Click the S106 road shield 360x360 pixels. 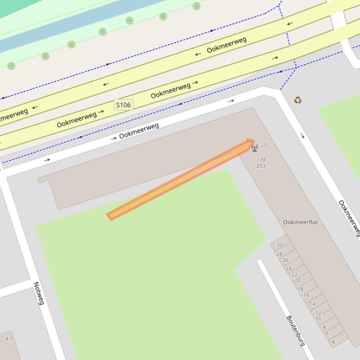click(x=123, y=105)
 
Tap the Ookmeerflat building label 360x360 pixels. click(x=300, y=222)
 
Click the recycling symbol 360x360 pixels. click(x=298, y=100)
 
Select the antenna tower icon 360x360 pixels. click(x=255, y=148)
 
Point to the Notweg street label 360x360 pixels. click(x=38, y=293)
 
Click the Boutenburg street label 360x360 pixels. click(x=295, y=331)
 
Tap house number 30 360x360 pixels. click(x=279, y=245)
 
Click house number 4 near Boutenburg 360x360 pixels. click(x=333, y=342)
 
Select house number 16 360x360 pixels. click(x=306, y=295)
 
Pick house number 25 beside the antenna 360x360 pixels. click(x=264, y=145)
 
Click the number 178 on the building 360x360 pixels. click(x=261, y=160)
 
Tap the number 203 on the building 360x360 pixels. click(x=261, y=166)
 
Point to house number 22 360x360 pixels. click(x=294, y=274)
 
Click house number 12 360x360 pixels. click(x=318, y=313)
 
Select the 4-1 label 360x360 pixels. click(x=9, y=338)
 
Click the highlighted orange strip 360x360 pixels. click(x=180, y=180)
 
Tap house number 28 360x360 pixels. click(x=279, y=254)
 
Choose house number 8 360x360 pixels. click(x=324, y=328)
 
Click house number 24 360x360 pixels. click(x=288, y=269)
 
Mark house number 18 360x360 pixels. click(x=301, y=289)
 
